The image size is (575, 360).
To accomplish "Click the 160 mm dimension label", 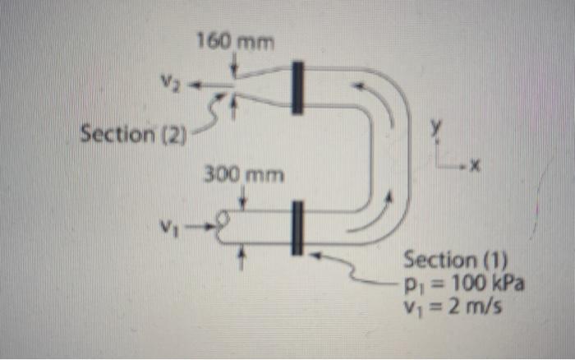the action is pos(236,41).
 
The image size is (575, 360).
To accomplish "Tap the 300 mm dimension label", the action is pos(244,174).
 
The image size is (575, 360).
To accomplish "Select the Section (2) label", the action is pos(133,134).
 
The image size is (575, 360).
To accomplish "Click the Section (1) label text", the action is pos(455,260).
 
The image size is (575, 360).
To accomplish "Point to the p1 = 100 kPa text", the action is pos(464,283).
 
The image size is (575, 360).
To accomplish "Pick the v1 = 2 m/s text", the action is pos(452,305).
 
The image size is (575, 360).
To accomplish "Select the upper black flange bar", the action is pos(297,88).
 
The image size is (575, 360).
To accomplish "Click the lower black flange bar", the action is pos(297,228).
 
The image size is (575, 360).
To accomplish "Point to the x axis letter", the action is pos(475,167).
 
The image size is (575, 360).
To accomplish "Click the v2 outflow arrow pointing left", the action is pos(211,85).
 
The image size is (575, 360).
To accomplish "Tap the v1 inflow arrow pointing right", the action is pos(200,227).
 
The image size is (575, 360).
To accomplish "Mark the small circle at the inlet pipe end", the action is pos(223,219).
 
